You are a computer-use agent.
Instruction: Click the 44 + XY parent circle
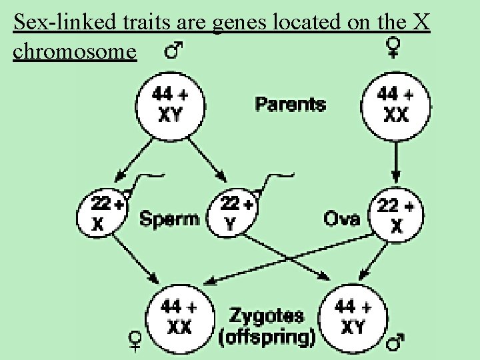pyautogui.click(x=170, y=106)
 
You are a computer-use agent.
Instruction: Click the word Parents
pyautogui.click(x=290, y=104)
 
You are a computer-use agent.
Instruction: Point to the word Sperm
pyautogui.click(x=169, y=218)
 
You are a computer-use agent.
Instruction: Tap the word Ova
pyautogui.click(x=343, y=218)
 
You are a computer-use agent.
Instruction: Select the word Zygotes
pyautogui.click(x=267, y=315)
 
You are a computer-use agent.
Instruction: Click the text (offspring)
pyautogui.click(x=267, y=337)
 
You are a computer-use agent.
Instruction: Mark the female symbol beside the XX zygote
pyautogui.click(x=135, y=341)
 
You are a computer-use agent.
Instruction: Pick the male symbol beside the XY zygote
pyautogui.click(x=396, y=343)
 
